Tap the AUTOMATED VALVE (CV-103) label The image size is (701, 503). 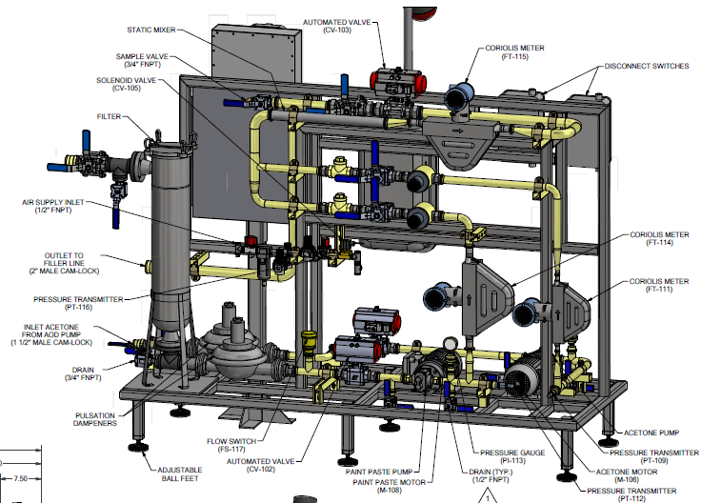click(x=340, y=26)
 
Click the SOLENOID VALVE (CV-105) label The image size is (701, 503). click(x=131, y=84)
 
